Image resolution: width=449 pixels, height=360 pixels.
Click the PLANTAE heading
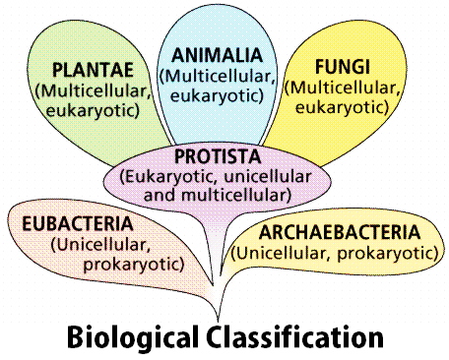point(93,70)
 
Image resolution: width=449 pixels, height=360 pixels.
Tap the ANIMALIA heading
point(218,55)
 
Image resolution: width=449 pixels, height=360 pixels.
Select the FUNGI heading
point(343,67)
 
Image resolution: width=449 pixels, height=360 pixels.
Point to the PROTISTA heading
point(218,156)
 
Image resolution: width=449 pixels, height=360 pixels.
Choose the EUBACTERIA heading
point(78,224)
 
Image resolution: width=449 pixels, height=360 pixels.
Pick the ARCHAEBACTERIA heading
point(340,232)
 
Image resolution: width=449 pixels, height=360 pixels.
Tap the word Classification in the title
point(295,336)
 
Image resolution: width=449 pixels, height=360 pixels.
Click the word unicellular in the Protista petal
point(267,177)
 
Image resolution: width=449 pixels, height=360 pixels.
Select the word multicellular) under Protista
point(236,196)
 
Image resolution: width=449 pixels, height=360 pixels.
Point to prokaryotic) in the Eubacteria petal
point(134,265)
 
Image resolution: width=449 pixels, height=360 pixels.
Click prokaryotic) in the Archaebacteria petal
point(388,254)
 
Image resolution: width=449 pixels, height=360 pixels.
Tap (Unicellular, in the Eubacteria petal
point(100,245)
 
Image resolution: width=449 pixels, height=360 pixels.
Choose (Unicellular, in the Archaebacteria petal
point(282,254)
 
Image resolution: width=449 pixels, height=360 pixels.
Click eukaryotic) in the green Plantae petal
point(93,111)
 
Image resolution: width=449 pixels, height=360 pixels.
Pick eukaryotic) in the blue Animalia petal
point(217,96)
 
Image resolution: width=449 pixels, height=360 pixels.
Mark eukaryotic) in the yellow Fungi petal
point(342,107)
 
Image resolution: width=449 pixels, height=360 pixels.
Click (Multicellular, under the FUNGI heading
point(343,88)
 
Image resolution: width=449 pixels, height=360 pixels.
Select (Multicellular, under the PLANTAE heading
point(93,91)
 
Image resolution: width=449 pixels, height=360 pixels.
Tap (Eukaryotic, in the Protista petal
point(169,177)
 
